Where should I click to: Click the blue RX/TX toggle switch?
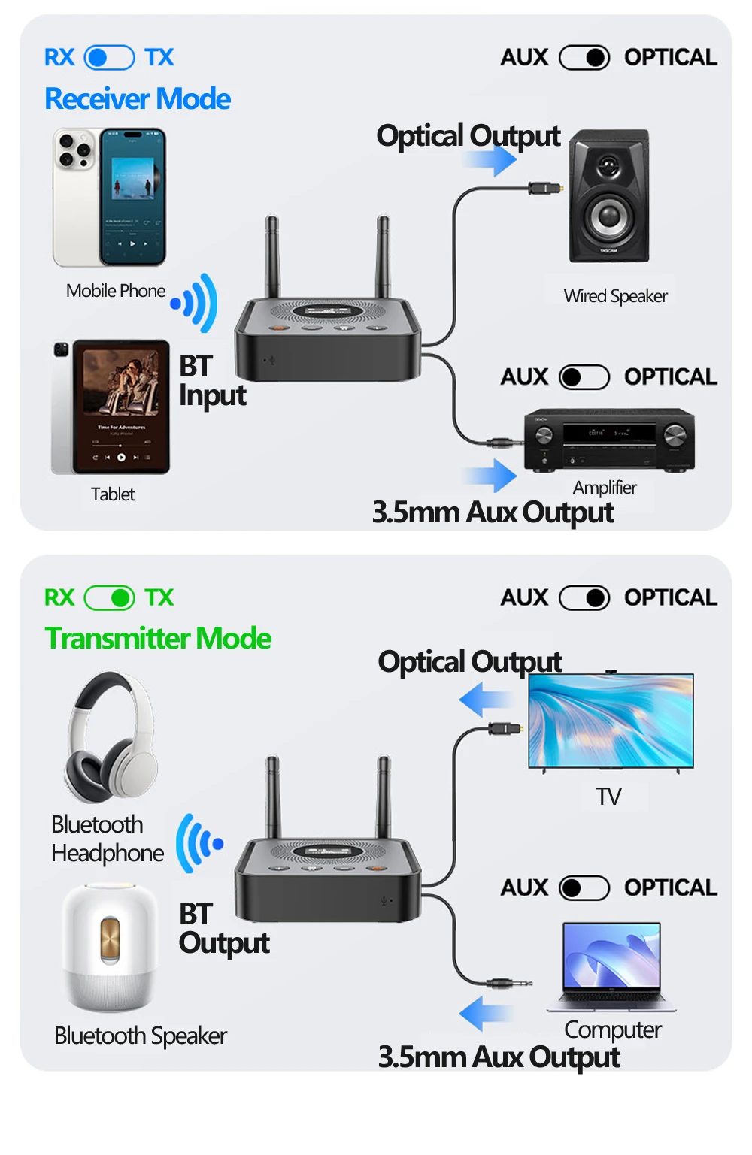(x=110, y=57)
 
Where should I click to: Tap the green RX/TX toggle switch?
(x=110, y=598)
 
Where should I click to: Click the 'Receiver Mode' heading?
(x=138, y=99)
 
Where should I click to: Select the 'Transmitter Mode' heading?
(x=158, y=638)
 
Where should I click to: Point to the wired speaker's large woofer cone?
(x=610, y=216)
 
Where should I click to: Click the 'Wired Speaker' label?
(x=615, y=297)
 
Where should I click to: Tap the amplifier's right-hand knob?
(x=675, y=436)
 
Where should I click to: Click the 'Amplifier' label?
(x=605, y=487)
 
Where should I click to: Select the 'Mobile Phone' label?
(x=116, y=291)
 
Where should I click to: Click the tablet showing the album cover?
(x=111, y=407)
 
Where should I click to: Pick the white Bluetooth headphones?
(x=111, y=737)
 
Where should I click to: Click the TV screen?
(x=611, y=721)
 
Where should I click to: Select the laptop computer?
(x=611, y=967)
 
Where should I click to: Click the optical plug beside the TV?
(x=506, y=729)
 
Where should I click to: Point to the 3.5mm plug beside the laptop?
(x=508, y=984)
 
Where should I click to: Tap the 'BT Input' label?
(x=212, y=381)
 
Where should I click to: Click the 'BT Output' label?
(x=224, y=929)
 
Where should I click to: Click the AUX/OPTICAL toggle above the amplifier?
(x=584, y=377)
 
